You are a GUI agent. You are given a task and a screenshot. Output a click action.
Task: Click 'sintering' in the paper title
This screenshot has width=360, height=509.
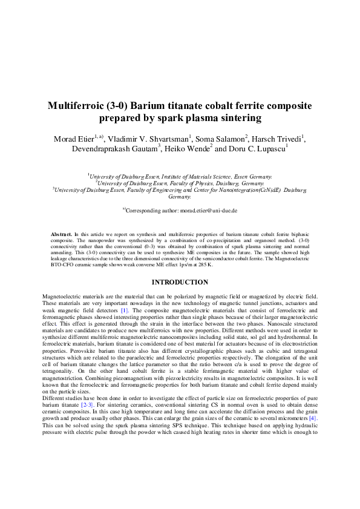[x=237, y=118]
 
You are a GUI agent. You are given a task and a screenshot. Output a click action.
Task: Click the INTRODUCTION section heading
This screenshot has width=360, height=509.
[x=180, y=282]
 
